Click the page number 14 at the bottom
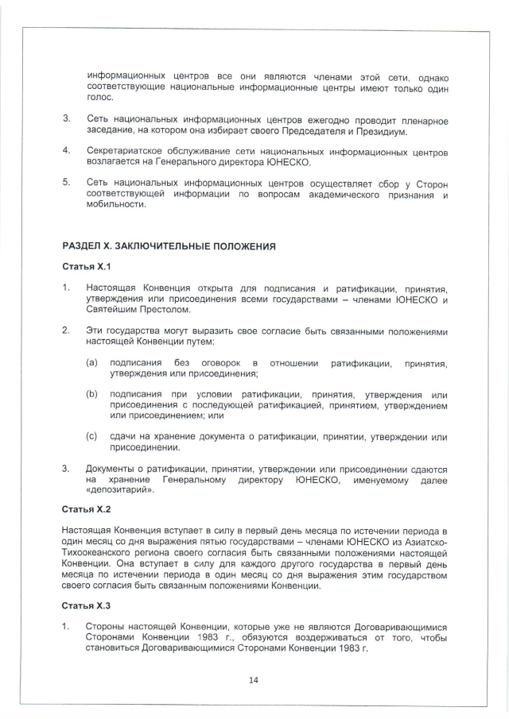(254, 680)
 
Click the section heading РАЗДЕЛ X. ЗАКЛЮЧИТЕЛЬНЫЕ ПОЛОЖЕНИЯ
(169, 246)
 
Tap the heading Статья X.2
(87, 509)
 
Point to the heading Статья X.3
(87, 605)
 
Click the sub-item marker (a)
(92, 363)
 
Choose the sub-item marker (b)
(92, 395)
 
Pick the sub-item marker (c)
(92, 437)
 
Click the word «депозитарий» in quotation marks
(119, 490)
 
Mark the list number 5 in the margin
(66, 183)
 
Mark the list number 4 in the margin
(66, 150)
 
